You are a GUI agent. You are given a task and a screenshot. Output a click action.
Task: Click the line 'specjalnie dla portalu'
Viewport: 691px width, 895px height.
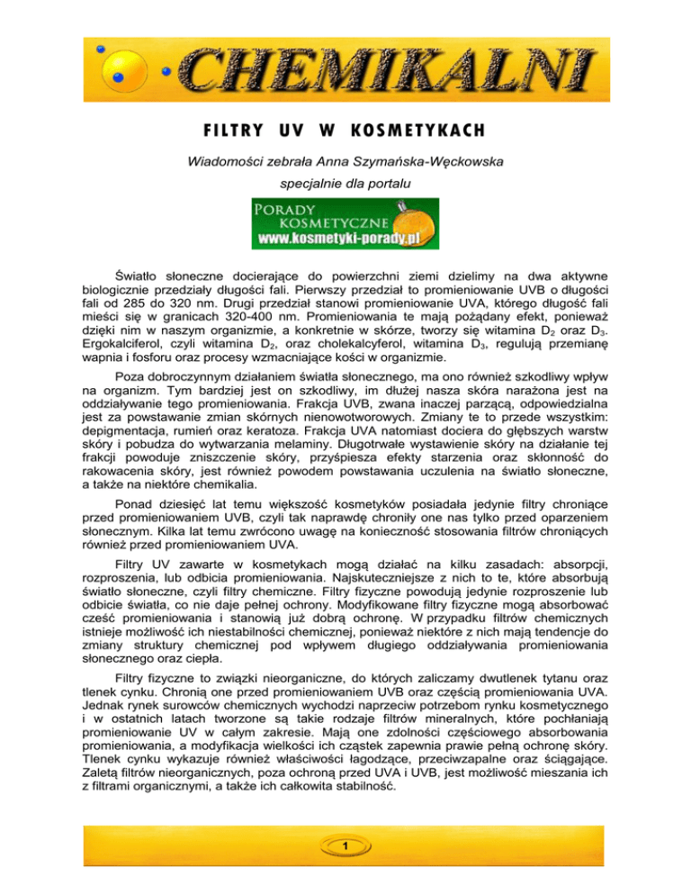click(345, 192)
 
